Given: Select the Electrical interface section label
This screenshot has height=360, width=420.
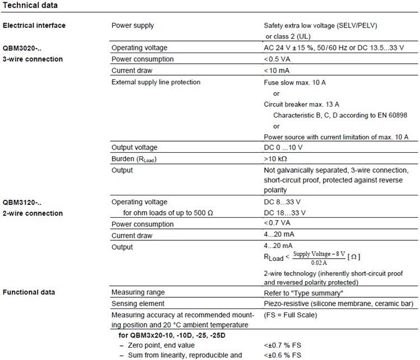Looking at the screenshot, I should [x=34, y=25].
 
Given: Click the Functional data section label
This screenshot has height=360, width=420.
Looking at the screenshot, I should [x=29, y=292].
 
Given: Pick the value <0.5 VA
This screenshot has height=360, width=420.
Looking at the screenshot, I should [x=278, y=59].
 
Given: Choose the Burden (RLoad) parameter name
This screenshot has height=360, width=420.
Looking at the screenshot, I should [x=133, y=159].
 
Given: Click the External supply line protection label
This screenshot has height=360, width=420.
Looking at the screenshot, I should [x=156, y=82].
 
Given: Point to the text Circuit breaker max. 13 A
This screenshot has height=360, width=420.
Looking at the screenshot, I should [x=301, y=104].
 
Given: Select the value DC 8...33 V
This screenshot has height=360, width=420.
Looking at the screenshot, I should [x=282, y=202].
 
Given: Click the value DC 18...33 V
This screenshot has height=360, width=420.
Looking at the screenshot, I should [x=284, y=213].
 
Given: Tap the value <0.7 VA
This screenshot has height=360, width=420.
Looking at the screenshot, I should [x=278, y=224].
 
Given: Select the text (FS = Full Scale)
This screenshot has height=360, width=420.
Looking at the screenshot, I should [x=290, y=315].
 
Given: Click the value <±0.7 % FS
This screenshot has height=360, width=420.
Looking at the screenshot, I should [x=283, y=345].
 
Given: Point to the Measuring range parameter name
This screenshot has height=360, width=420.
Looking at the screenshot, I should [x=138, y=292].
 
